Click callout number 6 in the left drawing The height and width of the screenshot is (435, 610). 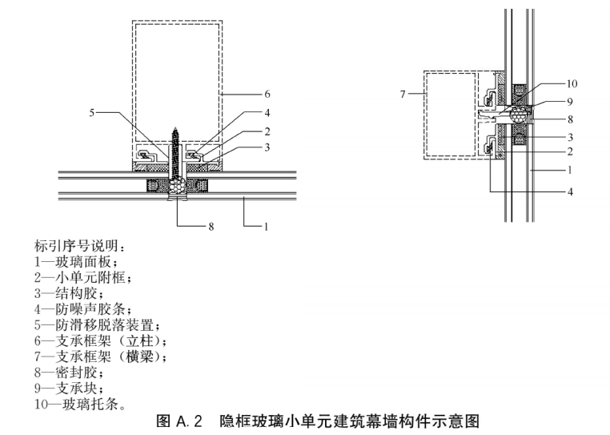(x=267, y=94)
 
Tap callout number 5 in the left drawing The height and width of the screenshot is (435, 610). (x=92, y=113)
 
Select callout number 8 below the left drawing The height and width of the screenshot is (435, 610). (x=211, y=227)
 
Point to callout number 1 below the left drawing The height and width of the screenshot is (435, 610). (x=267, y=227)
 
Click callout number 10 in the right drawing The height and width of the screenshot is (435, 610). (x=572, y=84)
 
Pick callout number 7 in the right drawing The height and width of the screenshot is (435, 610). (x=403, y=95)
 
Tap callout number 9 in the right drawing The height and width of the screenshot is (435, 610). (x=570, y=102)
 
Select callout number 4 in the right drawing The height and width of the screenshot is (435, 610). (x=570, y=191)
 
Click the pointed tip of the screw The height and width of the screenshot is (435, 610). (x=176, y=127)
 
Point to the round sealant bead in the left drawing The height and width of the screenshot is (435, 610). (x=178, y=187)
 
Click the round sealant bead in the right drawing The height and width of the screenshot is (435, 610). (x=518, y=114)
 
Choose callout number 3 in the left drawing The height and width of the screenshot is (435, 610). (x=267, y=147)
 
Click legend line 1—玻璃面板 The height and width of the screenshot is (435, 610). (x=76, y=262)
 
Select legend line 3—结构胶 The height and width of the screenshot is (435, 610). (x=69, y=293)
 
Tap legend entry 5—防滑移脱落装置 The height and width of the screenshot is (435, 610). (x=97, y=324)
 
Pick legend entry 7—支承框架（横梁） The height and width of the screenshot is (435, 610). (x=100, y=356)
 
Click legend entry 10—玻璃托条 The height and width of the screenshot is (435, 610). (x=80, y=405)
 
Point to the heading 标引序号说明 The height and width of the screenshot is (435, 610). (x=81, y=246)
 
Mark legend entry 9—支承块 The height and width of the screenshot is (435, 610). (x=69, y=389)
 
